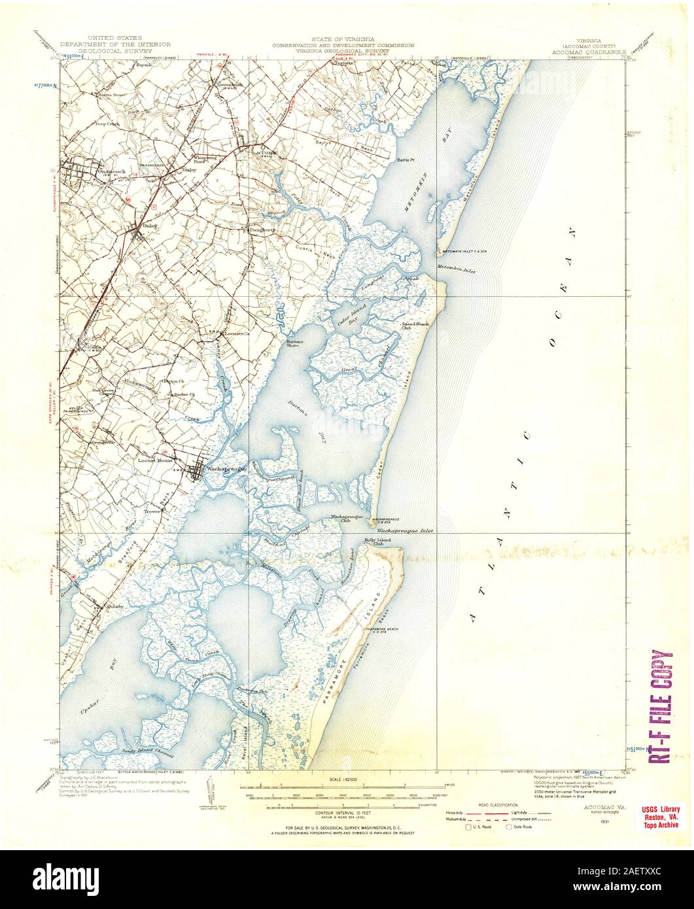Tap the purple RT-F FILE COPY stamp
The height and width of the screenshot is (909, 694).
(661, 707)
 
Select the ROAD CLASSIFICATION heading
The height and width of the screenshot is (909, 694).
(498, 804)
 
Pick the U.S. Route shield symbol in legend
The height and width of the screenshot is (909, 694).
(468, 827)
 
